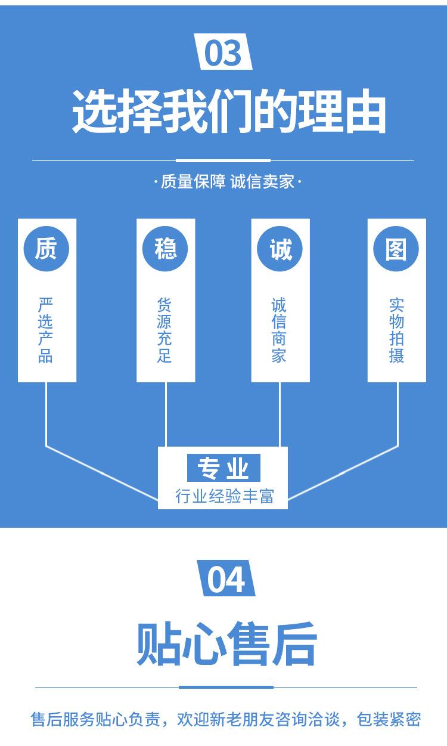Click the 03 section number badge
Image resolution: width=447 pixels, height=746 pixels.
[223, 54]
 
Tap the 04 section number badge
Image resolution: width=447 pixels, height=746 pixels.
[225, 580]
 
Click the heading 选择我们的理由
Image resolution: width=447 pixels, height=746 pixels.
[229, 112]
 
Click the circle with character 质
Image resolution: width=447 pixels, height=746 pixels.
[46, 248]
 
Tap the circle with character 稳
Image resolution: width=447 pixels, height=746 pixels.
[165, 248]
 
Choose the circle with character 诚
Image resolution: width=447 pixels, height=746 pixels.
[280, 248]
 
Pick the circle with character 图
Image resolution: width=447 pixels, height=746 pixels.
[396, 248]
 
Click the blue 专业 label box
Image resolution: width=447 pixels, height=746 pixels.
[223, 469]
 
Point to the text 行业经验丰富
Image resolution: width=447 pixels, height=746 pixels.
[224, 496]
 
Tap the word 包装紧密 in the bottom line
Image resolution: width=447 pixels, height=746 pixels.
[389, 720]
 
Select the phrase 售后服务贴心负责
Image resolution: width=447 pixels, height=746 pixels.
[95, 720]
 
